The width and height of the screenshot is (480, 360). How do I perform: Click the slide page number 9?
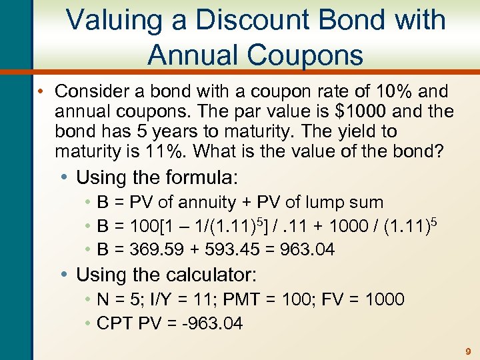pyautogui.click(x=468, y=351)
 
